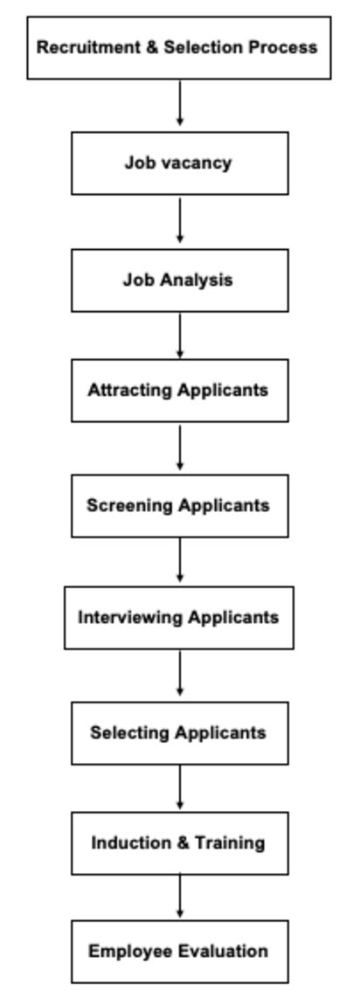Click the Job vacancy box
click(179, 163)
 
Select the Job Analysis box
click(179, 280)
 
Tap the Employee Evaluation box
click(179, 952)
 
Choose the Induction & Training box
click(179, 842)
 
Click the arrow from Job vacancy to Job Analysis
click(179, 220)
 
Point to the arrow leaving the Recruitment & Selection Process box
click(179, 102)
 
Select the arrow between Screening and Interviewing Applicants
click(179, 560)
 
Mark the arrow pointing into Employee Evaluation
click(179, 896)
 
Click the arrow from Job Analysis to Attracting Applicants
click(179, 336)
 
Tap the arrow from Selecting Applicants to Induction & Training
click(179, 787)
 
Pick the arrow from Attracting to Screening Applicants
click(179, 447)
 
